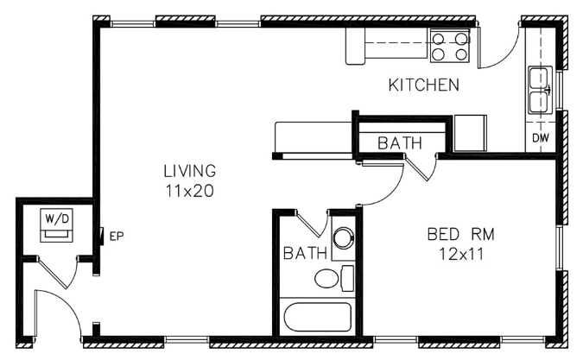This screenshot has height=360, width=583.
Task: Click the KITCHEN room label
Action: (424, 85)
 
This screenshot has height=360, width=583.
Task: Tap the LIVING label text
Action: (190, 171)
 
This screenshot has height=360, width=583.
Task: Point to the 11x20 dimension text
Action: (190, 191)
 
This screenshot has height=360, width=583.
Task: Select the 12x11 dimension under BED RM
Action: (461, 254)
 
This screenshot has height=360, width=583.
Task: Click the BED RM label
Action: (461, 235)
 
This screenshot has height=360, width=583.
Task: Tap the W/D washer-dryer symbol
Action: (56, 225)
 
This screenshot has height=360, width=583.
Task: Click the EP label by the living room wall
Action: (117, 236)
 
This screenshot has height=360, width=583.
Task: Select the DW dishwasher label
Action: (541, 138)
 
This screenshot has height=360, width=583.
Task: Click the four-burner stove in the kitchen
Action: (450, 46)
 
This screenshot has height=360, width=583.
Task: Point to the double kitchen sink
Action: (540, 91)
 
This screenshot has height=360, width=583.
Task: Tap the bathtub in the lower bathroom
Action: (318, 317)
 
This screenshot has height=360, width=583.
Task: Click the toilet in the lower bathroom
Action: (334, 278)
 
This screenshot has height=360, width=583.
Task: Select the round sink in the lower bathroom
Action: (344, 238)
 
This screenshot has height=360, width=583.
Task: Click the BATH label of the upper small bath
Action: (400, 143)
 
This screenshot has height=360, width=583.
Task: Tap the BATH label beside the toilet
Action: (305, 253)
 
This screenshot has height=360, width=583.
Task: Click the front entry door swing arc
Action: (63, 306)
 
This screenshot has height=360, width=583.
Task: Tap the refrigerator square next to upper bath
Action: (471, 133)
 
